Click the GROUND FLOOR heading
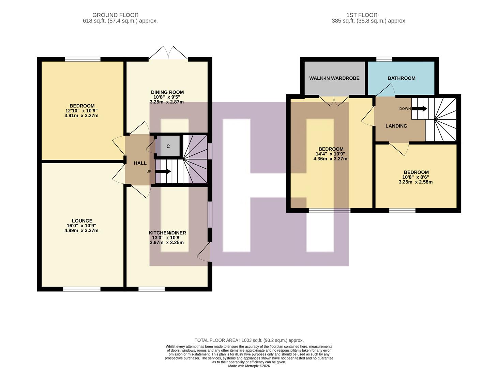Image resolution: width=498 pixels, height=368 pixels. (115, 15)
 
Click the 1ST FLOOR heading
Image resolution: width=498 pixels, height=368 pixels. (362, 15)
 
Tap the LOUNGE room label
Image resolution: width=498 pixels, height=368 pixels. (82, 221)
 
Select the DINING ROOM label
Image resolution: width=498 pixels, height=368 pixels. (167, 92)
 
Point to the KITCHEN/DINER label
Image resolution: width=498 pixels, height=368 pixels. (167, 233)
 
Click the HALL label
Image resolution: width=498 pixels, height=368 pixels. (140, 163)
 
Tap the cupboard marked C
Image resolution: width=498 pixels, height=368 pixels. (168, 146)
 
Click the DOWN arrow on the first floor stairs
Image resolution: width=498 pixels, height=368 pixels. (419, 109)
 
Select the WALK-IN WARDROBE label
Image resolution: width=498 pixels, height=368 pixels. (334, 78)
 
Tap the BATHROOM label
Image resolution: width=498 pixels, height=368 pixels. (401, 78)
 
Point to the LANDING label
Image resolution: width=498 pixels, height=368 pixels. (396, 126)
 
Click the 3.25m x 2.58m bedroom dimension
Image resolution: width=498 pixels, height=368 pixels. (416, 182)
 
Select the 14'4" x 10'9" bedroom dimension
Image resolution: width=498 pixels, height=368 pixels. (331, 154)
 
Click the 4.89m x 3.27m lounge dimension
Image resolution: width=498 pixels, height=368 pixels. (82, 230)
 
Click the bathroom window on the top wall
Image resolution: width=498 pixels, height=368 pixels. (384, 59)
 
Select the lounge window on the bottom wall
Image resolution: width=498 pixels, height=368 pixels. (82, 289)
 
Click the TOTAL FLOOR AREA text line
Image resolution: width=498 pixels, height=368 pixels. (249, 340)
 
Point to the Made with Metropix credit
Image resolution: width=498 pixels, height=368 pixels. (249, 366)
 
